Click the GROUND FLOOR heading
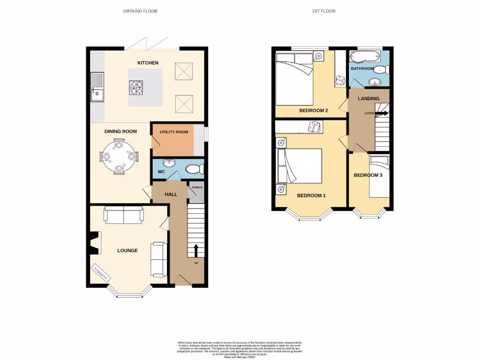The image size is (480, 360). coord(140,11)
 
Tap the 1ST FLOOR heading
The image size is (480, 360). coord(323,11)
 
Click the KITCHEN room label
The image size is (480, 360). coord(148,63)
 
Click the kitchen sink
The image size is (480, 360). coord(97,88)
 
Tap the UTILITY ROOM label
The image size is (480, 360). coord(173,132)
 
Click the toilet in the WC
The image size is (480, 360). coord(194,169)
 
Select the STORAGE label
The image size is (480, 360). coord(197,187)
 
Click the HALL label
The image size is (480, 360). coord(171,194)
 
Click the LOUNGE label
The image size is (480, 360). coord(127,251)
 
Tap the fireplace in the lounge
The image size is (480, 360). coord(93,243)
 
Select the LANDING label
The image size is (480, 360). coord(368,99)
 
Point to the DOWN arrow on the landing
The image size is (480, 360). coord(382,113)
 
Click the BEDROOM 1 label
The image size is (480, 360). coord(311,195)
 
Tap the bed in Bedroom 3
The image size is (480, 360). coord(380,178)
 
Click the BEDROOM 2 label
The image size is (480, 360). coord(313,111)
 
